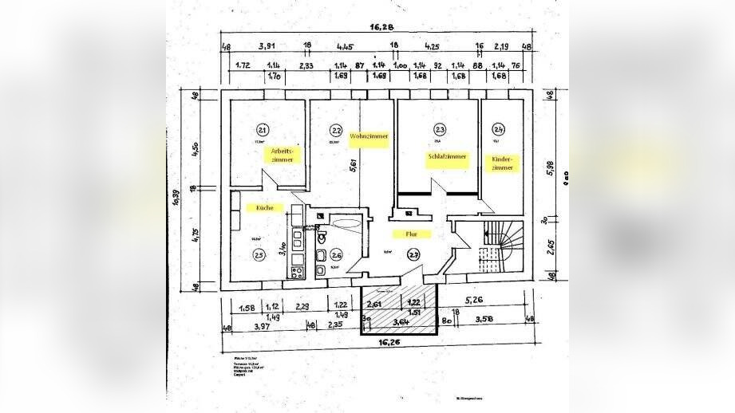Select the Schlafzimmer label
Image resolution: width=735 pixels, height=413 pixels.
(446, 157)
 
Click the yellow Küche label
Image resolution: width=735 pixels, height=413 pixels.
(266, 207)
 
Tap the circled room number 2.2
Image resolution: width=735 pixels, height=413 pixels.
(338, 130)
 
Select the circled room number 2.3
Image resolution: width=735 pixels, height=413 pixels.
(440, 130)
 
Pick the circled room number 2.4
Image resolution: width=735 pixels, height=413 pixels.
(499, 130)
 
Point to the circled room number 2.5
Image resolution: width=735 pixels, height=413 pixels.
(259, 254)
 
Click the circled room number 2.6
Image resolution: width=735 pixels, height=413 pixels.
(336, 255)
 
